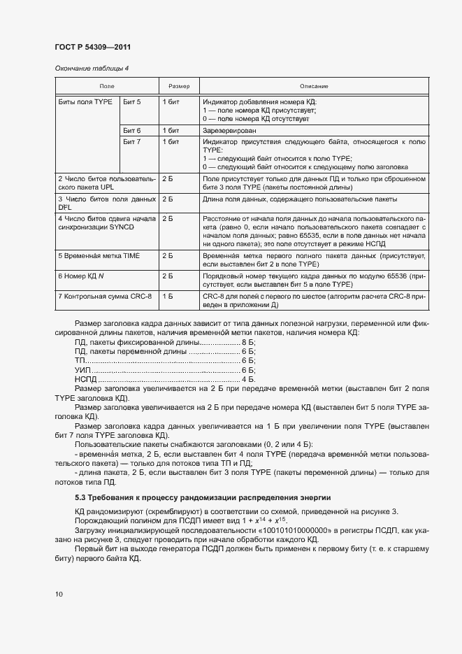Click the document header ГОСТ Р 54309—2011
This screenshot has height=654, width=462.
coord(92,47)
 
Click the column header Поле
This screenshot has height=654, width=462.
coord(107,86)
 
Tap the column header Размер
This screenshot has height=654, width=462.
coord(179,86)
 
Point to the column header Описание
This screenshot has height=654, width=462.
coord(314,86)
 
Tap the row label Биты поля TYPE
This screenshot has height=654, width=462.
coord(85,102)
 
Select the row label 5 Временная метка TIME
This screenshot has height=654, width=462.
coord(99,256)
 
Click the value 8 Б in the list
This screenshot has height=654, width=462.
coord(247,343)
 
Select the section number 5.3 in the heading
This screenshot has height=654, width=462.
coord(80,497)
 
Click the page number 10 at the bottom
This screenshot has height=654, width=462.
coord(59,595)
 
